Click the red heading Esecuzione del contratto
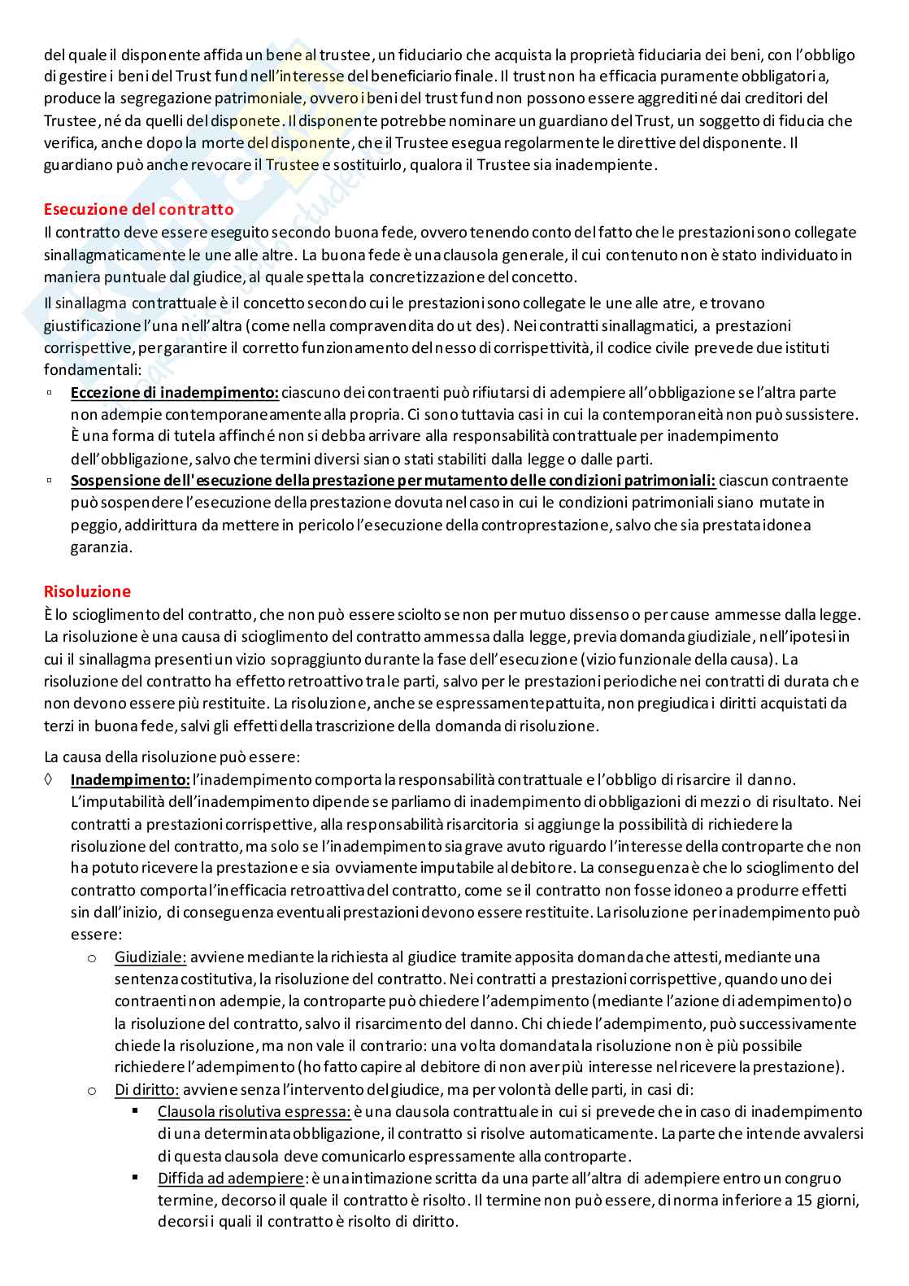tap(138, 209)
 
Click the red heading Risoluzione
tap(87, 591)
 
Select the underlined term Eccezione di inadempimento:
tap(175, 392)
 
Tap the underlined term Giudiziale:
tap(150, 957)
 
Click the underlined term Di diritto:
tap(147, 1089)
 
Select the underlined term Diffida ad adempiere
tap(230, 1178)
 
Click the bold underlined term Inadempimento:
tap(130, 779)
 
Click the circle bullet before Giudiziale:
tap(92, 957)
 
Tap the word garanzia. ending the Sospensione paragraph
tap(101, 547)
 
